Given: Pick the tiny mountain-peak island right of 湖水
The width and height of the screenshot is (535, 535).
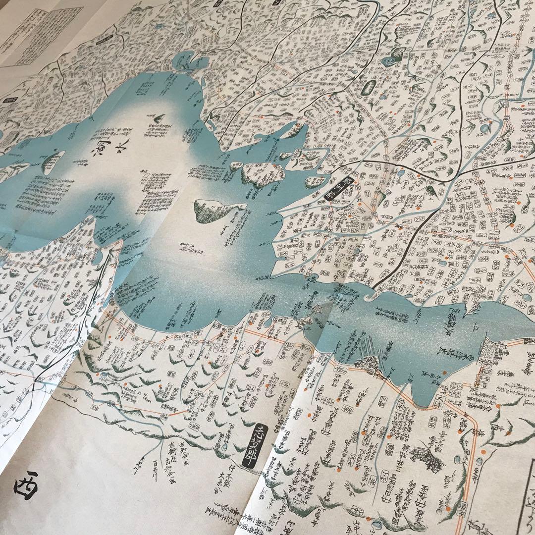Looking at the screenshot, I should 160,119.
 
